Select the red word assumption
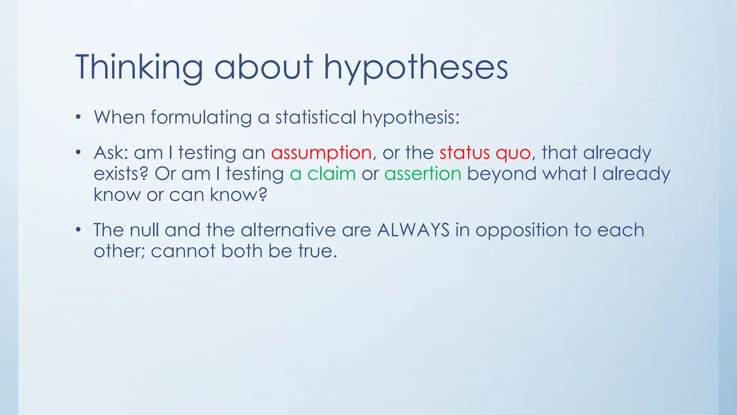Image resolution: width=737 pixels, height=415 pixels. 321,153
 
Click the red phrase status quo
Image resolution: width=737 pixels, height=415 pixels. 485,153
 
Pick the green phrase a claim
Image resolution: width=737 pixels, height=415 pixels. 323,174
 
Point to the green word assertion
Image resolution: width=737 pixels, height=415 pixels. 423,174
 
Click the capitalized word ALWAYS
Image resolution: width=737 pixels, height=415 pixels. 413,230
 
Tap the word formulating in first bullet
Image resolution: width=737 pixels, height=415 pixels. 201,117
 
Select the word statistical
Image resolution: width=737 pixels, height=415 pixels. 316,117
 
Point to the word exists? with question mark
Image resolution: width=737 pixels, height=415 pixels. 121,174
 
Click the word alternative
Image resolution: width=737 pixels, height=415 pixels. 288,230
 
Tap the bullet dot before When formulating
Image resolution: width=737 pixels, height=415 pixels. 78,117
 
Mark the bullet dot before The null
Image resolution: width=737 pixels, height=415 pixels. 78,230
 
